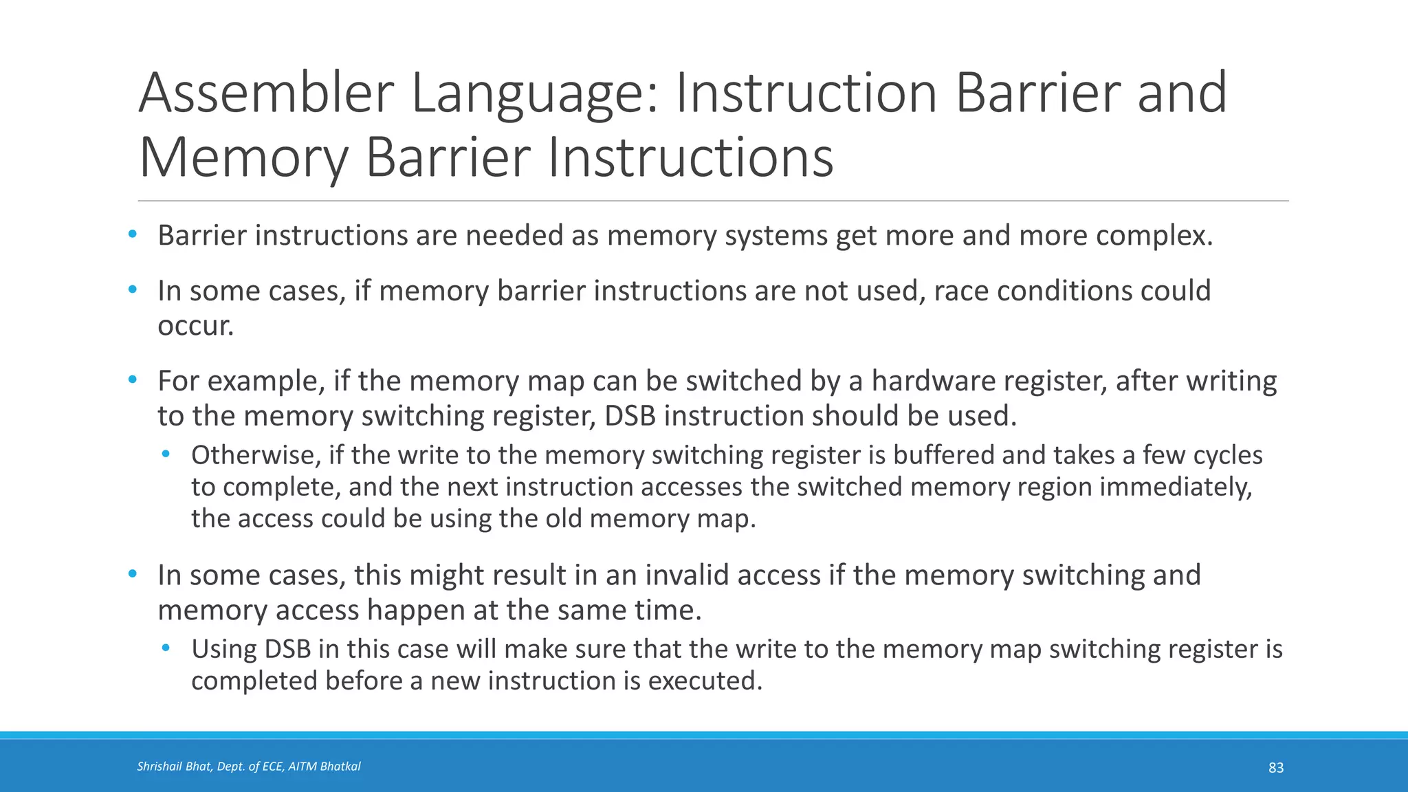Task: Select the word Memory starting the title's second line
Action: click(243, 158)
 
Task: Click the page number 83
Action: click(1275, 768)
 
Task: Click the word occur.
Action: click(196, 326)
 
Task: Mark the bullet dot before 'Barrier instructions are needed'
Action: click(133, 235)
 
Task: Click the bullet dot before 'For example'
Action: click(133, 380)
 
